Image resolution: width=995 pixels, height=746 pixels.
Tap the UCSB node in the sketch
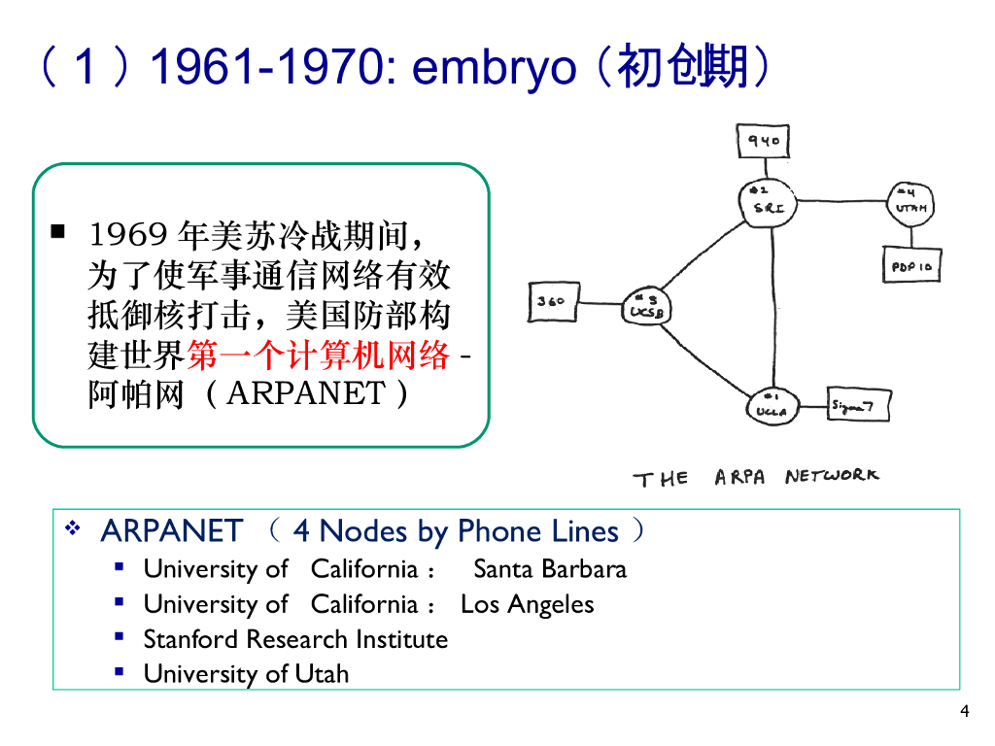(645, 309)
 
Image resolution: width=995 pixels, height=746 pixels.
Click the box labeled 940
(762, 141)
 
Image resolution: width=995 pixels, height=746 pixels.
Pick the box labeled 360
(551, 301)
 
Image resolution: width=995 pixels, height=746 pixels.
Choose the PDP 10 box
(912, 265)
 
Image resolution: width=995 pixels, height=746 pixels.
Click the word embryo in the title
(495, 70)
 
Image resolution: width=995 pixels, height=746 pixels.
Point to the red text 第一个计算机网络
(319, 356)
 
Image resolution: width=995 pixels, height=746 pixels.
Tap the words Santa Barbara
(550, 569)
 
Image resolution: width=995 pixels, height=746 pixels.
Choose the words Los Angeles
(527, 604)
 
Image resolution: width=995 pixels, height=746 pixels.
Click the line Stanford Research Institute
(295, 639)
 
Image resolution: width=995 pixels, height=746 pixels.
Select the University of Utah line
(246, 674)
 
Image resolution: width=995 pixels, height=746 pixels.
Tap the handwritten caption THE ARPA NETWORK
(756, 477)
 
